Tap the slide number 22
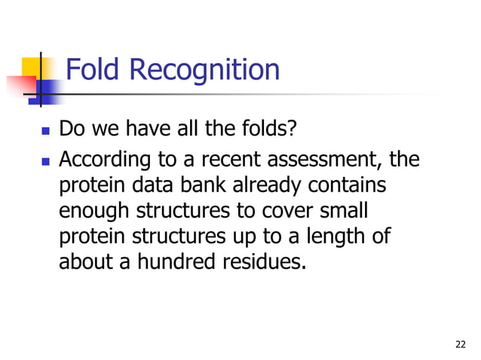click(461, 345)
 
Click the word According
click(100, 161)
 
